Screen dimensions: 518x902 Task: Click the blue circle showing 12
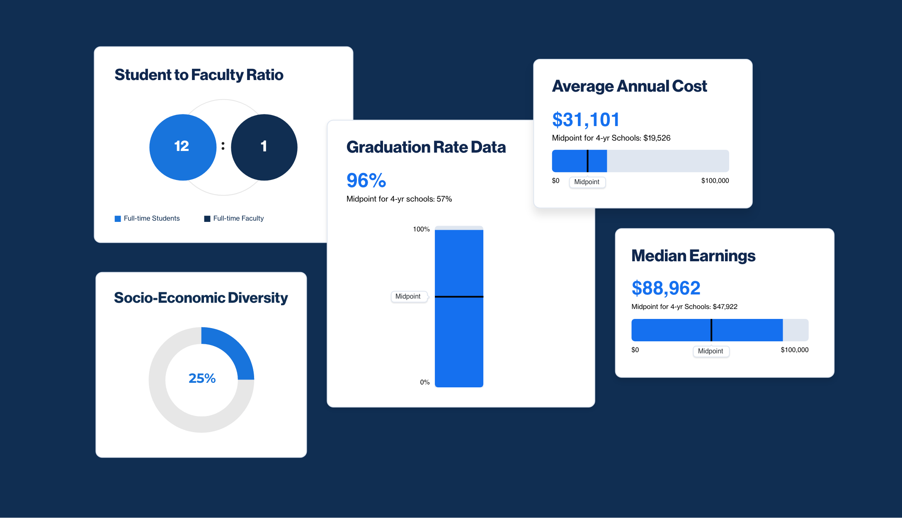click(182, 147)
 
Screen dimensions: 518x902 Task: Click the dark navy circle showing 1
click(264, 147)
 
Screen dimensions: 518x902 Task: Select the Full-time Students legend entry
click(147, 219)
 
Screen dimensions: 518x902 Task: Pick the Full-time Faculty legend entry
click(234, 219)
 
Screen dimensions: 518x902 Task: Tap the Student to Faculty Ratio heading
click(199, 75)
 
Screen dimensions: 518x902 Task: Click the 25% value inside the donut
click(202, 378)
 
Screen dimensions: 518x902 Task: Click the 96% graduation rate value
click(366, 180)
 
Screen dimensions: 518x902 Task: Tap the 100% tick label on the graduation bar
click(421, 229)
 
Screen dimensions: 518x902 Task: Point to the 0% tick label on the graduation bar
click(424, 382)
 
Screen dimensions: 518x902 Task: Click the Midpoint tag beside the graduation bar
click(408, 297)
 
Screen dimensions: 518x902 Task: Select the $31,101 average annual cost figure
click(585, 120)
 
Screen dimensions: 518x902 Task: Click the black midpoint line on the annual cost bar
click(587, 161)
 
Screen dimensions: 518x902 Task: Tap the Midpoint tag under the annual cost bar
click(587, 182)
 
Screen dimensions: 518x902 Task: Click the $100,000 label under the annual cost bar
click(715, 181)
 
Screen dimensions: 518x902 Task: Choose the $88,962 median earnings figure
click(666, 288)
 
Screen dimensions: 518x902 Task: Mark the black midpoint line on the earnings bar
click(711, 330)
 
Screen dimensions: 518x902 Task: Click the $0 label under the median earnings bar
click(635, 350)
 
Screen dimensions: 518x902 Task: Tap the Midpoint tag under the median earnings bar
click(710, 351)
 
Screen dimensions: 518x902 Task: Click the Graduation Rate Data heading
click(426, 147)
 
